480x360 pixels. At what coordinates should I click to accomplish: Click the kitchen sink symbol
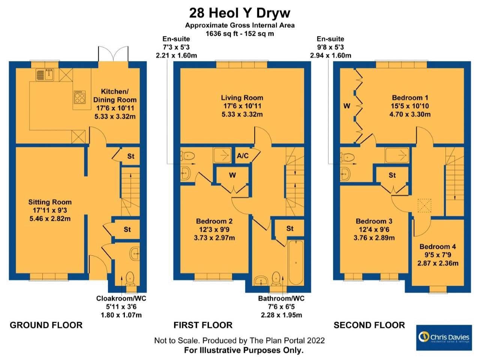45,75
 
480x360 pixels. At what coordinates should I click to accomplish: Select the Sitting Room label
50,202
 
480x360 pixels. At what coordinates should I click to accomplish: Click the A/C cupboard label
242,156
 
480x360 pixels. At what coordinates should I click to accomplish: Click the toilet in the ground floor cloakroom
130,278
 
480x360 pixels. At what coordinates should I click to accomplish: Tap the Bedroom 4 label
438,246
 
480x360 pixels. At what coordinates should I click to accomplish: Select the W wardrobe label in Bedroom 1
346,106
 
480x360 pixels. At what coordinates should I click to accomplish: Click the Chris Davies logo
444,337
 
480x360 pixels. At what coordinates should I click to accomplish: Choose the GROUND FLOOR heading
46,325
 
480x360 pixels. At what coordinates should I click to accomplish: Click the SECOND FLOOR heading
369,325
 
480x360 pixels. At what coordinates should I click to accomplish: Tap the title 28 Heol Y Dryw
240,13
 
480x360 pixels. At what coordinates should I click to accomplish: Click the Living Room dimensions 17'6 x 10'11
242,106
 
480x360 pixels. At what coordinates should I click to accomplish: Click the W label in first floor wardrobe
232,175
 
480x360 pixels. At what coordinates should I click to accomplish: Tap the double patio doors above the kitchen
113,55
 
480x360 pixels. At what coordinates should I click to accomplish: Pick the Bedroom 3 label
374,221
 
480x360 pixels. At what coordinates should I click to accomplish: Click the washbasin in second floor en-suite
345,173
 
